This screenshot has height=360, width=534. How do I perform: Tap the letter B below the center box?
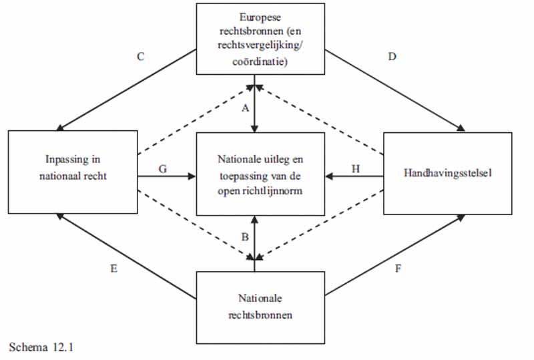coord(245,236)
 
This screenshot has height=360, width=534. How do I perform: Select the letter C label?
coord(141,57)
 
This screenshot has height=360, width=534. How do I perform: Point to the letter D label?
coord(392,57)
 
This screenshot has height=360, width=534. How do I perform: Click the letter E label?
coord(113,268)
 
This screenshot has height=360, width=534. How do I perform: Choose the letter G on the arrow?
coord(162,169)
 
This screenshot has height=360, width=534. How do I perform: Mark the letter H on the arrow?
coord(355,169)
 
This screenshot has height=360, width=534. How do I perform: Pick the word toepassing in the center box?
coord(241,177)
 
